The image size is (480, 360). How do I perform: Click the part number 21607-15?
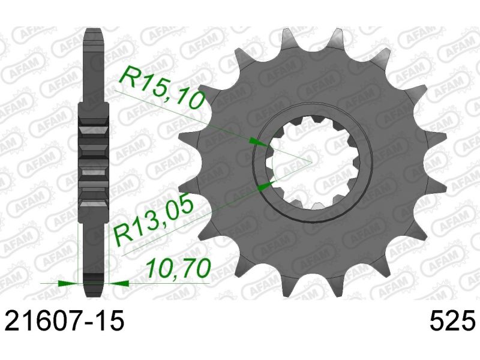coord(64,322)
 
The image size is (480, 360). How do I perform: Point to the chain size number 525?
coord(451,322)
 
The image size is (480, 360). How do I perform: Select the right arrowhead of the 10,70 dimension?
coord(117,281)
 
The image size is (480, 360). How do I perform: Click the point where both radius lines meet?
coord(311,161)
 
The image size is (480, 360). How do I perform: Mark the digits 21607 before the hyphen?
coord(46,322)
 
